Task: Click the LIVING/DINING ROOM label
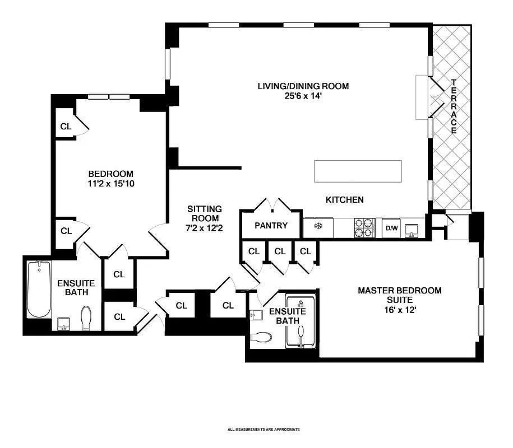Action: coord(303,86)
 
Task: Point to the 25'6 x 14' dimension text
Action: coord(303,96)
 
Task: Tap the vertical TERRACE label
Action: coord(454,106)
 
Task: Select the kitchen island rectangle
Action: coord(358,171)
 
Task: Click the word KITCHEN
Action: coord(345,200)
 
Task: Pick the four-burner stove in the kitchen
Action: coord(363,228)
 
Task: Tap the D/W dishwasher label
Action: coord(390,228)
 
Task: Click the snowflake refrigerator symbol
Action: coord(317,227)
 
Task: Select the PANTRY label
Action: coord(271,226)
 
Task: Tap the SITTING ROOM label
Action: coord(204,213)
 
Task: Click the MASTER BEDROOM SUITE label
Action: coord(399,295)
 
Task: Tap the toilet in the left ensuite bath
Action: coord(87,318)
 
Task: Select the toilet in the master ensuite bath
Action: coord(261,337)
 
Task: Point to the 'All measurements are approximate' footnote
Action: coord(264,430)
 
